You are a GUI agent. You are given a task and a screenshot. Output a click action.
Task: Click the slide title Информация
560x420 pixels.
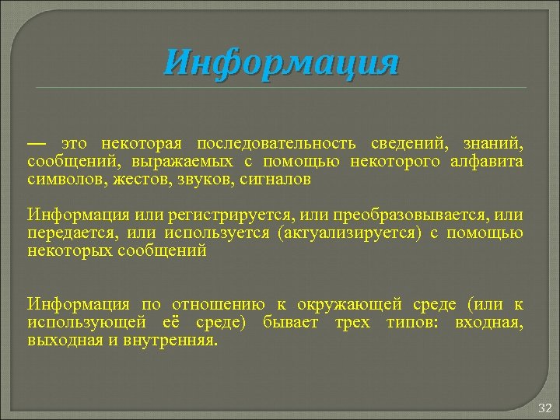(x=282, y=63)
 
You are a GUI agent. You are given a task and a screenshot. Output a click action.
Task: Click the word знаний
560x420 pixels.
(x=493, y=145)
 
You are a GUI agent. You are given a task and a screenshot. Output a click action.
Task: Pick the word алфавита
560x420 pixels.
(x=487, y=162)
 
